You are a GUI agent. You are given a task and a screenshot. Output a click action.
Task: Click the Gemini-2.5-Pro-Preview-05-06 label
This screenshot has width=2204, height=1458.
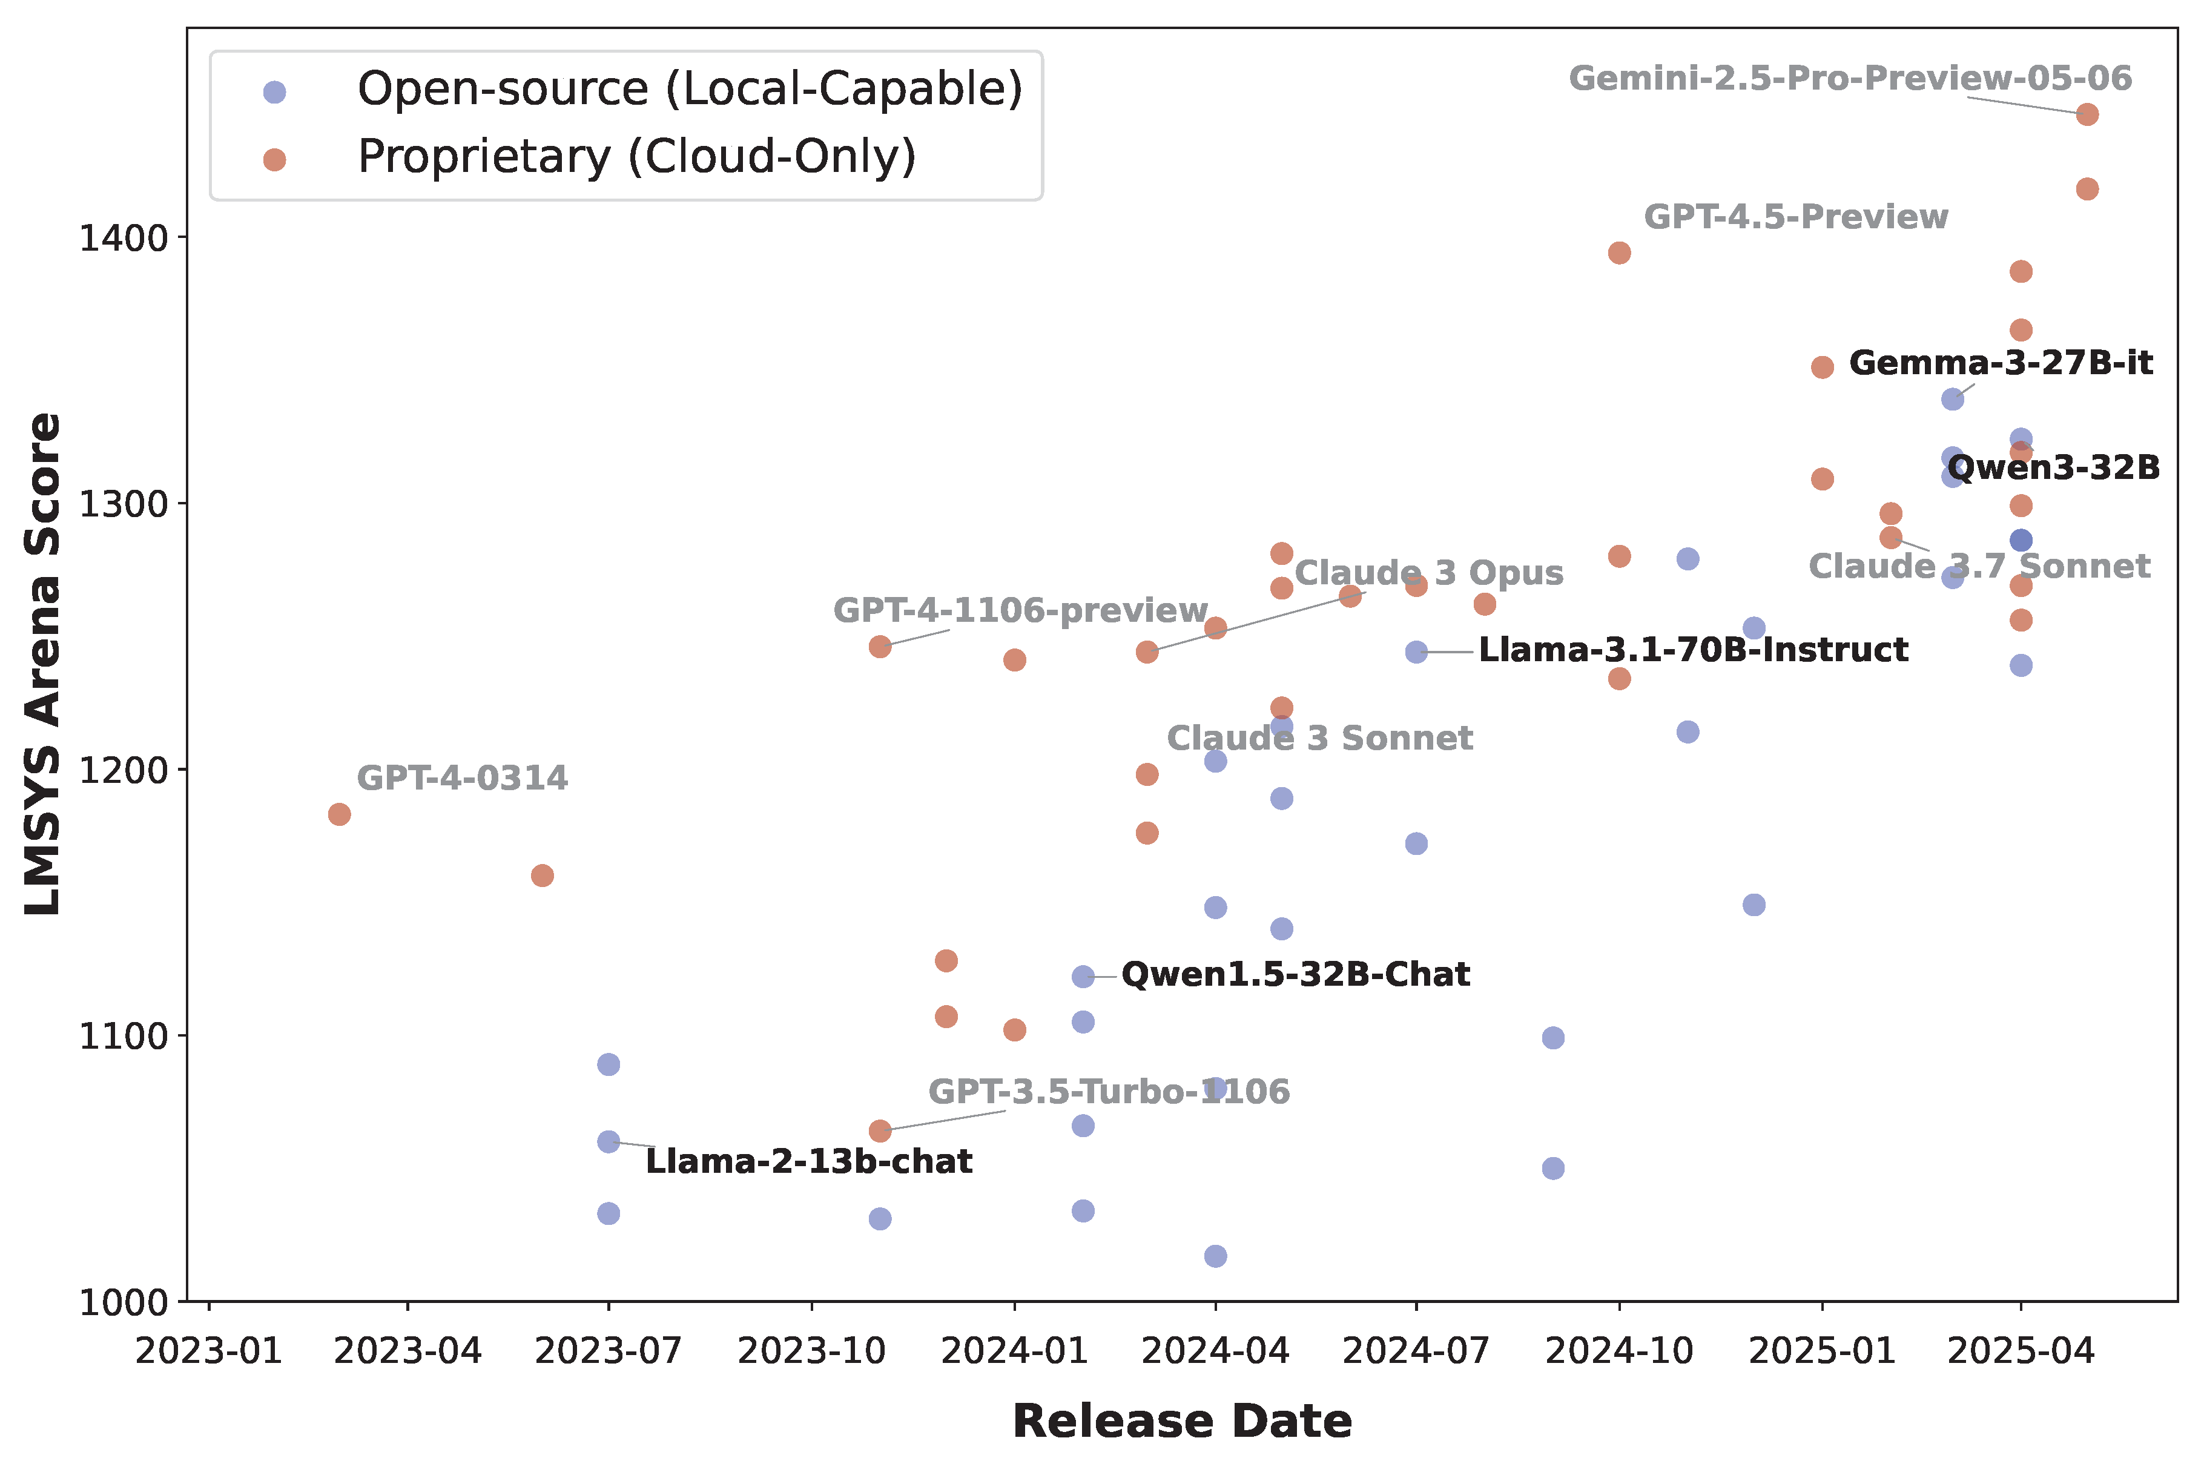coord(1850,78)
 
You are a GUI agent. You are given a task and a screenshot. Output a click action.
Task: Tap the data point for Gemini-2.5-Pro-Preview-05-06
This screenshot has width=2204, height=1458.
coord(2087,114)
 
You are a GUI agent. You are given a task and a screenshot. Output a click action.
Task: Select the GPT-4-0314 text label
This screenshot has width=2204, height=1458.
coord(462,777)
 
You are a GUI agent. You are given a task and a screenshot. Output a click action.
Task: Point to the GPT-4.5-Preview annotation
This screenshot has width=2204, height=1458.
coord(1796,217)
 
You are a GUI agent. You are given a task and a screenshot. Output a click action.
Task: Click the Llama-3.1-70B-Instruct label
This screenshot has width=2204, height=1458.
coord(1692,649)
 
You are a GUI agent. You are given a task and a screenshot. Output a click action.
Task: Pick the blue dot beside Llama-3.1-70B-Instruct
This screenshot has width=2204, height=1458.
coord(1416,652)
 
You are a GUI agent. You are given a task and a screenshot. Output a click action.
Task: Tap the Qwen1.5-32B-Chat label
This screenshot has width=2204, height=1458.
coord(1295,974)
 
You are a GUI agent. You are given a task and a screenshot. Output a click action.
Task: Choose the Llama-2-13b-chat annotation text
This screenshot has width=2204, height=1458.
coord(808,1161)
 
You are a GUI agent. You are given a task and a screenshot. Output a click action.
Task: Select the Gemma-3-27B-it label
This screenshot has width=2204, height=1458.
coord(2001,363)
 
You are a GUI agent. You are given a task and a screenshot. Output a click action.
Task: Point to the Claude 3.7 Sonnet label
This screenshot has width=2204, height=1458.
coord(1979,566)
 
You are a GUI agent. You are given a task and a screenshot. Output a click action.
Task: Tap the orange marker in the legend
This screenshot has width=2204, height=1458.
coord(274,160)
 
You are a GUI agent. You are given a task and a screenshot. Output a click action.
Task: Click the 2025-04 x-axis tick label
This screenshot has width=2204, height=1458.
coord(2020,1351)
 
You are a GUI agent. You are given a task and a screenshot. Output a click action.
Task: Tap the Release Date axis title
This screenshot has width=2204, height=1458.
coord(1181,1421)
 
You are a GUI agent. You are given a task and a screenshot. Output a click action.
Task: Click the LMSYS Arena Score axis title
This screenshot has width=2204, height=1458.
coord(43,664)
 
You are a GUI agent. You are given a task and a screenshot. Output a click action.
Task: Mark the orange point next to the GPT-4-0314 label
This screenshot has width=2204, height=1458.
coord(340,814)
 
